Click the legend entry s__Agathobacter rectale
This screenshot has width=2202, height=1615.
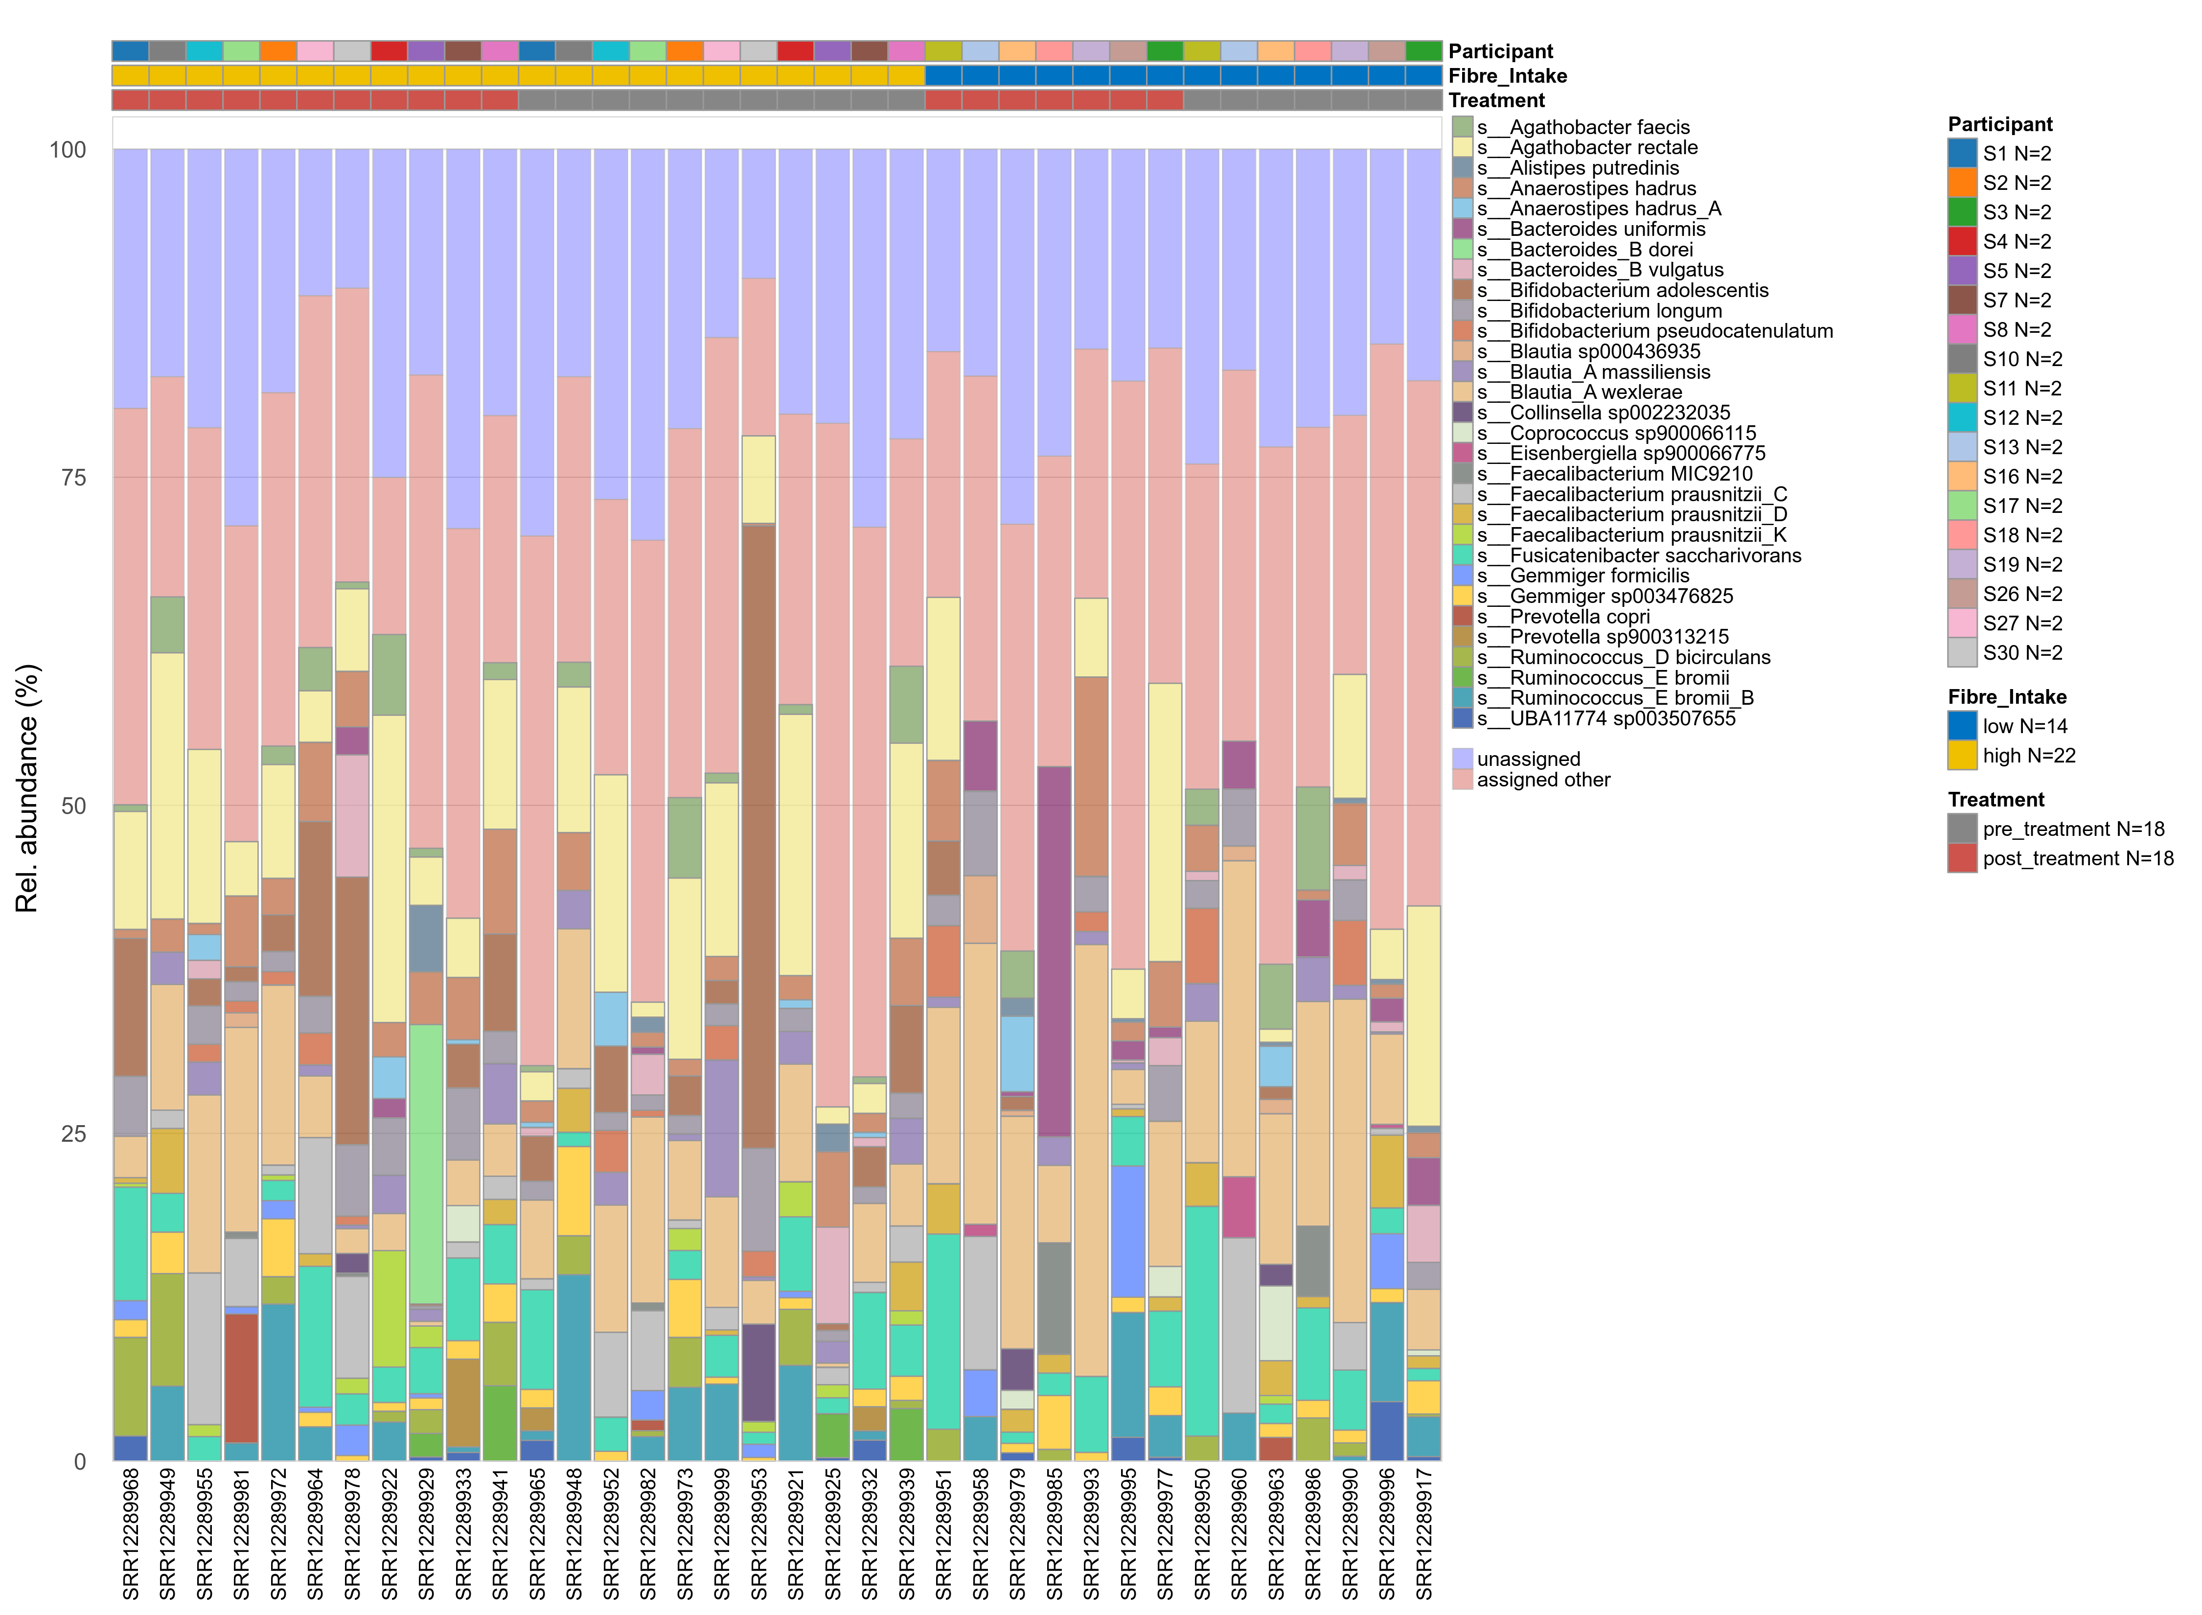1603,148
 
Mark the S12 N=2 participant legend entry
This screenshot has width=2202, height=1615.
2021,417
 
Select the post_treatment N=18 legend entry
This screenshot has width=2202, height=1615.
2077,858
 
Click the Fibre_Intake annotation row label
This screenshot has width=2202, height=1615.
1507,76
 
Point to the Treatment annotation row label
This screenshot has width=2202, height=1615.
1496,101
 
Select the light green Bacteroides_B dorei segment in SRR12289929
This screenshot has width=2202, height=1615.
426,1163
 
